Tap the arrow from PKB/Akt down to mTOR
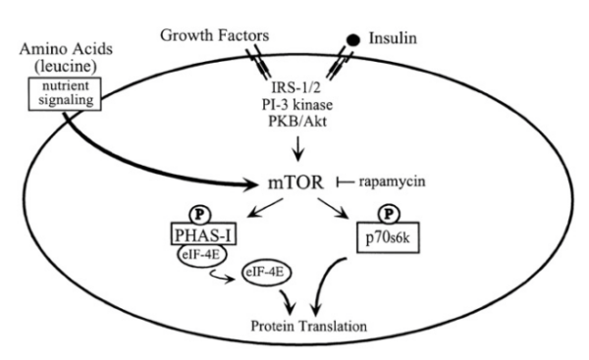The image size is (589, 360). pos(295,149)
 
